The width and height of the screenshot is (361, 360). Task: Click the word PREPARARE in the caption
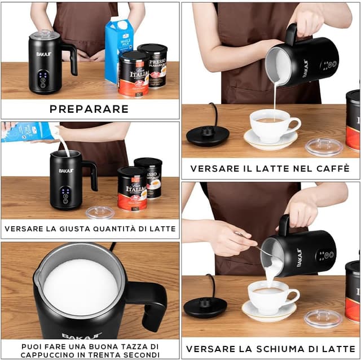(x=89, y=109)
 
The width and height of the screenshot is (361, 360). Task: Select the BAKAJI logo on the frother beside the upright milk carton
(x=44, y=54)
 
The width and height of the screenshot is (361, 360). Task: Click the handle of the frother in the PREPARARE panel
(x=71, y=58)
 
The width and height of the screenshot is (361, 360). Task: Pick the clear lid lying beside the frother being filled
(x=100, y=212)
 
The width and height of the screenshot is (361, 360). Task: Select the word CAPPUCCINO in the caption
(x=47, y=355)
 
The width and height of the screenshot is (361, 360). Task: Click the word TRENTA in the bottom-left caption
(x=111, y=355)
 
